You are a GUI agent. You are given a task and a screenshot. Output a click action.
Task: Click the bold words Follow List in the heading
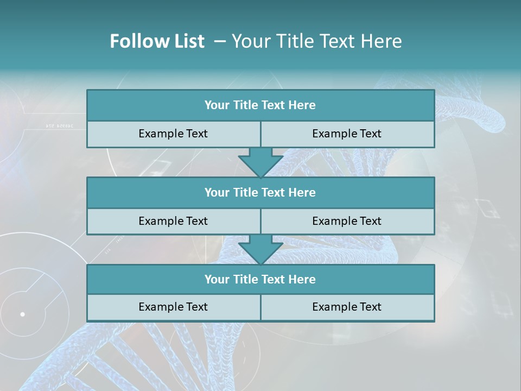coord(157,41)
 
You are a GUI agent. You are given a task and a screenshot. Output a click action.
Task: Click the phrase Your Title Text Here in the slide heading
coord(317,41)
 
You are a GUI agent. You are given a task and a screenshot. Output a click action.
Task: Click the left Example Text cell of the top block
coord(173,134)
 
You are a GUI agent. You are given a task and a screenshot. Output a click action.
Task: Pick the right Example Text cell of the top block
coord(347,134)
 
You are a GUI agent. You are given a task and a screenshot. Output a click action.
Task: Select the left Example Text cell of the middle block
coord(173,221)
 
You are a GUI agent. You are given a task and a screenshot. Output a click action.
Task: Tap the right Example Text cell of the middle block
coord(347,221)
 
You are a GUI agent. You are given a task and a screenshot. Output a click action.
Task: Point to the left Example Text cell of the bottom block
coord(173,307)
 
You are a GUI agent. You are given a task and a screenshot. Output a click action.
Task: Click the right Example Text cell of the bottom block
coord(347,307)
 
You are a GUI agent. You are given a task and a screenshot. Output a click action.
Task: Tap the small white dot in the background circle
coord(22,314)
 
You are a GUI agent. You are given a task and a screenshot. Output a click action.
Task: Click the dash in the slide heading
coord(220,41)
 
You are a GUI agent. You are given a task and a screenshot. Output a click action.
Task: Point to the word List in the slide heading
coord(188,41)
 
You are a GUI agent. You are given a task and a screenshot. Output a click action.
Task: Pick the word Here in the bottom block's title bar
coord(302,279)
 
